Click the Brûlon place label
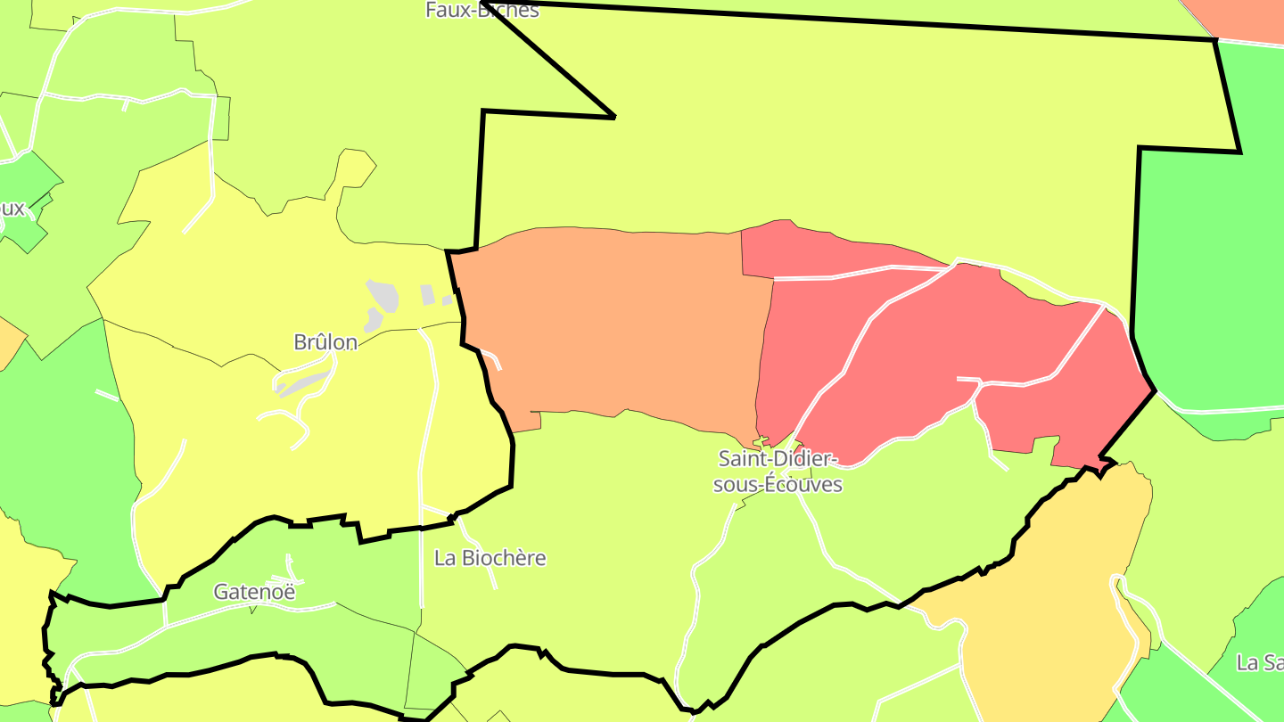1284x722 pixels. [x=325, y=342]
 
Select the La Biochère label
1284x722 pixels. [x=490, y=558]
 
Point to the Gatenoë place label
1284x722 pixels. [x=254, y=591]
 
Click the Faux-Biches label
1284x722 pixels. [x=482, y=10]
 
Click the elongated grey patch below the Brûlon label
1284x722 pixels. [x=303, y=384]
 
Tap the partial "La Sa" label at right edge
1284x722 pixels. [x=1259, y=662]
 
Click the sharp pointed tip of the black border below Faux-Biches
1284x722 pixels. [x=614, y=117]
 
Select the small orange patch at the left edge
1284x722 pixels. [x=9, y=343]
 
